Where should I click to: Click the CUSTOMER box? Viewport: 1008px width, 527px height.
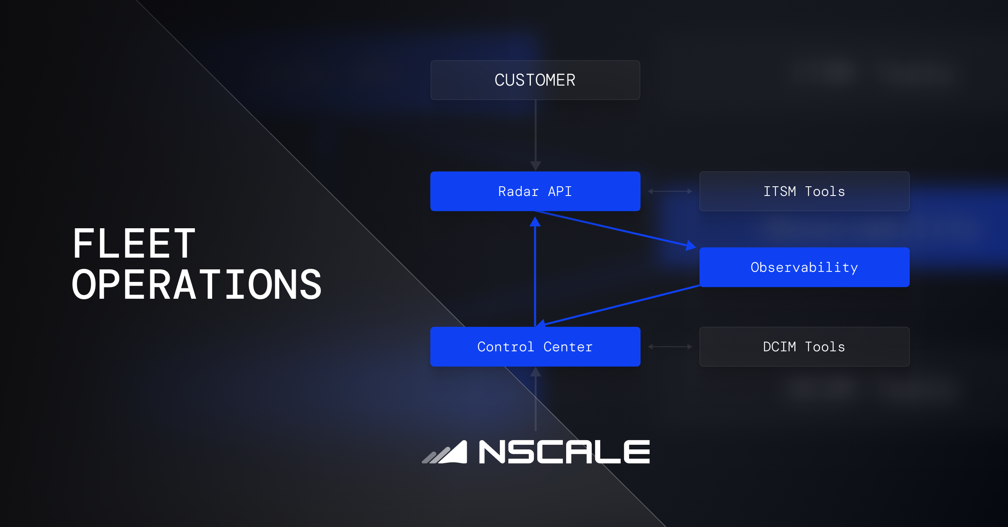tap(535, 80)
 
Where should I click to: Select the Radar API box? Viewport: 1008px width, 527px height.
tap(535, 191)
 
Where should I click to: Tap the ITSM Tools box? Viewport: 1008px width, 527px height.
tap(804, 191)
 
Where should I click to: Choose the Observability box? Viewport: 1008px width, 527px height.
tap(804, 267)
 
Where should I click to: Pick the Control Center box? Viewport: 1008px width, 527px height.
tap(535, 347)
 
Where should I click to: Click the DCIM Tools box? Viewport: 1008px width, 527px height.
tap(804, 347)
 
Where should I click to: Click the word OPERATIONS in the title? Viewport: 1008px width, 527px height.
tap(197, 285)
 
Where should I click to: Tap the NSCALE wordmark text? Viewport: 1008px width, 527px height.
tap(564, 452)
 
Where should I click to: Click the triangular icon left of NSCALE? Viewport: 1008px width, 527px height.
tap(445, 453)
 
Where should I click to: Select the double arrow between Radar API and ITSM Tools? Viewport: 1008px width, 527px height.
tap(670, 191)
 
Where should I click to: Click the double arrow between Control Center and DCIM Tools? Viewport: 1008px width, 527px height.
tap(670, 347)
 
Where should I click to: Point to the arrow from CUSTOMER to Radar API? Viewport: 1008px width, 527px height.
tap(535, 134)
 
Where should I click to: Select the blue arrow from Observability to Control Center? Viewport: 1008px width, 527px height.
tap(622, 305)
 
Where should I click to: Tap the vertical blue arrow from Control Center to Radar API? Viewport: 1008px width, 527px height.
tap(535, 273)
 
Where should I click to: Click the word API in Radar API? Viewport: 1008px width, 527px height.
tap(560, 191)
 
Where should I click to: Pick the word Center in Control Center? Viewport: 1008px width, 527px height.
tap(568, 347)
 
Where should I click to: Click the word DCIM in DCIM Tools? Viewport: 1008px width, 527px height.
tap(780, 347)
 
